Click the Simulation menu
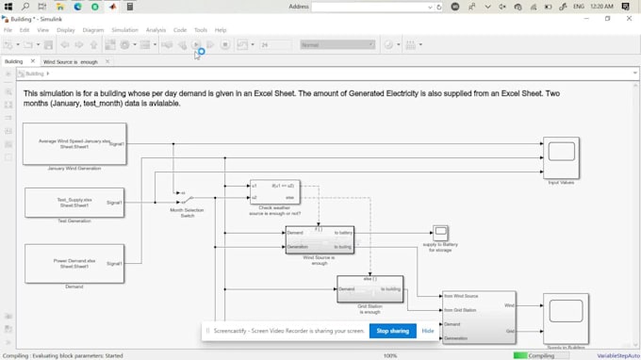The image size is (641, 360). pyautogui.click(x=124, y=30)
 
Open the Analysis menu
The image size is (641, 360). pyautogui.click(x=156, y=30)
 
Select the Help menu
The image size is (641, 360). pyautogui.click(x=221, y=30)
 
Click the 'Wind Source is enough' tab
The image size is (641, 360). pyautogui.click(x=71, y=61)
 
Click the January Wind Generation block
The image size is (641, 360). pyautogui.click(x=74, y=144)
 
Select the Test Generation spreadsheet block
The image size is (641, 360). pyautogui.click(x=74, y=203)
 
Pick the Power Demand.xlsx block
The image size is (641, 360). pyautogui.click(x=74, y=264)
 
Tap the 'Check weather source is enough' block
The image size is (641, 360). pyautogui.click(x=274, y=192)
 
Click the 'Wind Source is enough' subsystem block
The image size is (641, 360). pyautogui.click(x=320, y=239)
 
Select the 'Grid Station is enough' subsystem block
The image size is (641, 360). pyautogui.click(x=370, y=289)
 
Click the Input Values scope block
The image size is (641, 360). pyautogui.click(x=561, y=156)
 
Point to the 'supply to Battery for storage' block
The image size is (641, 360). pyautogui.click(x=440, y=233)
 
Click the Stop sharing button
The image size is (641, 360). pyautogui.click(x=392, y=331)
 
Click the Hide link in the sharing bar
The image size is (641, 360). pyautogui.click(x=428, y=331)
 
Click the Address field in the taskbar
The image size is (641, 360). pyautogui.click(x=375, y=7)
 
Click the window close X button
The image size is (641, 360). pyautogui.click(x=630, y=18)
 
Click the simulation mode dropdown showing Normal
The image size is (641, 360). pyautogui.click(x=337, y=44)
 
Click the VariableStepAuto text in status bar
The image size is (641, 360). pyautogui.click(x=617, y=355)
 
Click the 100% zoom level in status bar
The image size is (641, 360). pyautogui.click(x=389, y=355)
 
